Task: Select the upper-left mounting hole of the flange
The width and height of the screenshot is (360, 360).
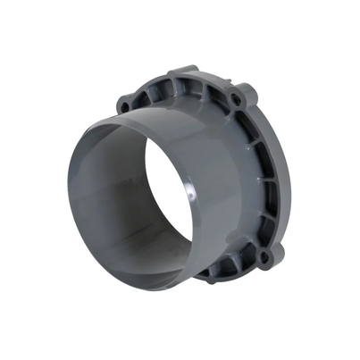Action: (125, 106)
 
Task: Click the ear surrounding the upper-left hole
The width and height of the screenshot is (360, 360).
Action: (125, 104)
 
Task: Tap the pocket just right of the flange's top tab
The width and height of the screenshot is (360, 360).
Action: (203, 85)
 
